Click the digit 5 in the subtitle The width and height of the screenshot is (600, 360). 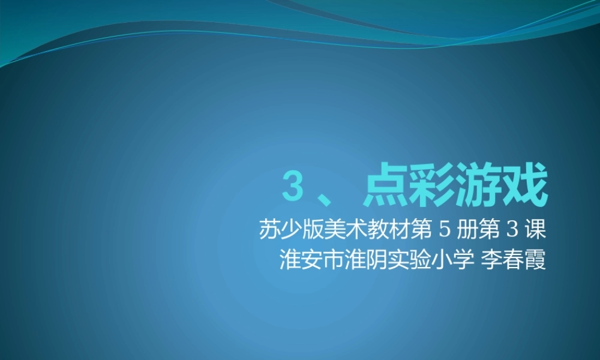[x=445, y=230]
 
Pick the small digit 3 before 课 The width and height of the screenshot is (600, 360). [x=512, y=230]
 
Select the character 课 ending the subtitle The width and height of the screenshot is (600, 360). [x=535, y=230]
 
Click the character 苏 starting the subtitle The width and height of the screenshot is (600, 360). [x=269, y=230]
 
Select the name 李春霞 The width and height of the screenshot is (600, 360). [x=513, y=260]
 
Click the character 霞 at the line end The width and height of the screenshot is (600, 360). [x=535, y=260]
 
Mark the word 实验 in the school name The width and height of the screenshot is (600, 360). [x=408, y=260]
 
